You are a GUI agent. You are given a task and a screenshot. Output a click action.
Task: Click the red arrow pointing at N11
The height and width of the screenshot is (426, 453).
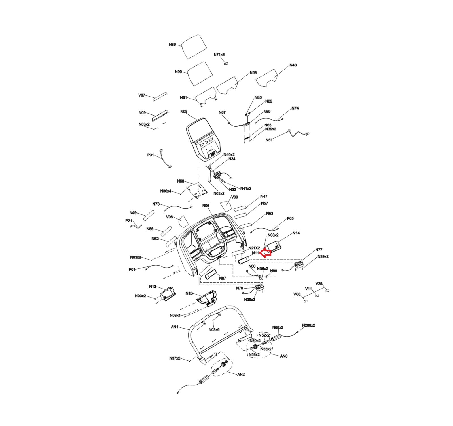tap(266, 252)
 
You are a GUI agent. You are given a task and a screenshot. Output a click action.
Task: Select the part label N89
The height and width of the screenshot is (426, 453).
tap(172, 45)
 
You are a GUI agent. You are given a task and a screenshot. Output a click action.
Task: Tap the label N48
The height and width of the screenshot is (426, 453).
tap(293, 65)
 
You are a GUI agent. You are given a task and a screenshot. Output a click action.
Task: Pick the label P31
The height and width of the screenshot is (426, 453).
tap(151, 155)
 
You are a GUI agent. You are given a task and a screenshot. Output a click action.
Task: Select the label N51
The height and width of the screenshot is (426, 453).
tap(269, 140)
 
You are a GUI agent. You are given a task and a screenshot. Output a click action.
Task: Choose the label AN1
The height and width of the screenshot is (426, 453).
tap(175, 327)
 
